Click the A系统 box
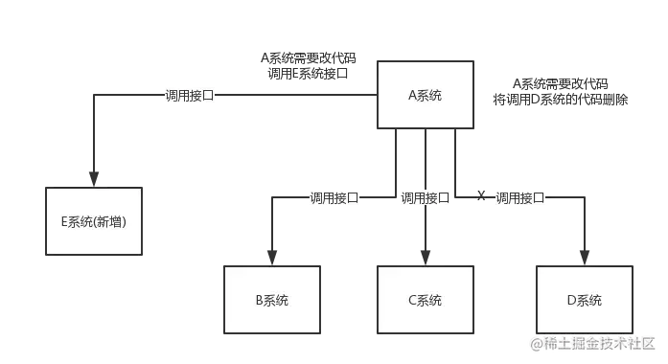pyautogui.click(x=425, y=95)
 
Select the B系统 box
pyautogui.click(x=271, y=300)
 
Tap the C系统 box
pyautogui.click(x=425, y=300)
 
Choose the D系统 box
pyautogui.click(x=584, y=300)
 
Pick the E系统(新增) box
pyautogui.click(x=94, y=221)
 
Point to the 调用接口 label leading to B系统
pyautogui.click(x=334, y=198)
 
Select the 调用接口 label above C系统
pyautogui.click(x=425, y=198)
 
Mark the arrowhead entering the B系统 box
pyautogui.click(x=271, y=254)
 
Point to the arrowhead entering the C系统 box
pyautogui.click(x=425, y=254)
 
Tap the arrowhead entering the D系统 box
pyautogui.click(x=583, y=254)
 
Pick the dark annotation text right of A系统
pyautogui.click(x=560, y=92)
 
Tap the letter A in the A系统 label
pyautogui.click(x=413, y=95)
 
